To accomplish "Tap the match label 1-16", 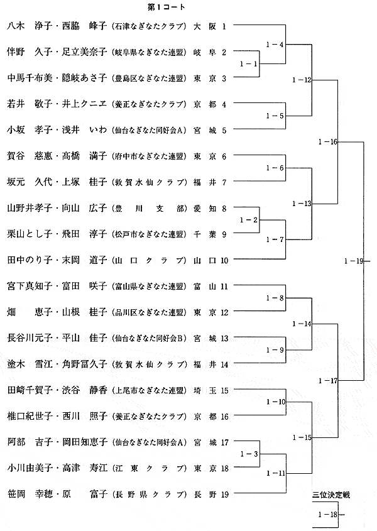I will tap(328, 142).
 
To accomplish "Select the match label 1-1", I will tap(249, 63).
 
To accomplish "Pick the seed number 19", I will tap(224, 494).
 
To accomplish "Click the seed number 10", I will tap(224, 260).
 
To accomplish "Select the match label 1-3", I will tap(249, 454).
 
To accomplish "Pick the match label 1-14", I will tap(302, 324).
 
